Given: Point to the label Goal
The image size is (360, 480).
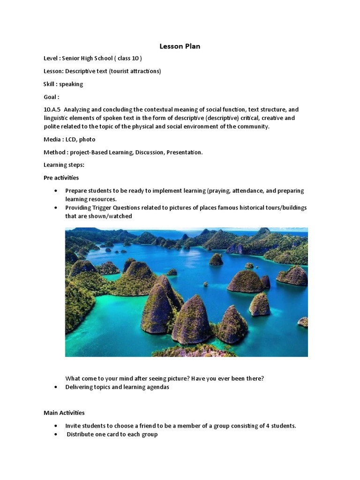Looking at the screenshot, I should tap(51, 97).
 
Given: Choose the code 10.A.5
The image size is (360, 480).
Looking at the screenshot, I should tap(52, 110).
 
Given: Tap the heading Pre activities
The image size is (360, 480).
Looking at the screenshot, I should tap(61, 178).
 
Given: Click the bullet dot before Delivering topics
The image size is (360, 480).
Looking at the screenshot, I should tap(56, 387).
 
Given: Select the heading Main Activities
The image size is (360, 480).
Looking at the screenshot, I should tap(64, 412).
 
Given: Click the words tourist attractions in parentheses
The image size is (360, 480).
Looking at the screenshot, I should tap(137, 71).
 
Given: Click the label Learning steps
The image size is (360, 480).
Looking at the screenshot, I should tap(64, 165).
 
